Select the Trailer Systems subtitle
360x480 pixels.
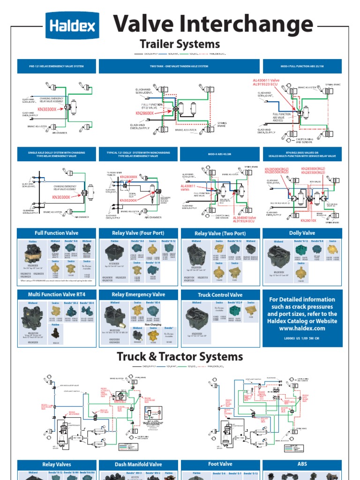point(180,45)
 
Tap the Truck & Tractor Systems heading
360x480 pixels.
point(180,357)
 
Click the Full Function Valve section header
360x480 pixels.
point(56,233)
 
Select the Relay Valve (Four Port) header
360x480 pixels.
point(138,233)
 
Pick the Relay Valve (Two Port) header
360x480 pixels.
point(220,233)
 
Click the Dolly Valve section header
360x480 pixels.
point(302,233)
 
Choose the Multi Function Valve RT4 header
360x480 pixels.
point(56,294)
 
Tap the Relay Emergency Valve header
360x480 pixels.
point(138,294)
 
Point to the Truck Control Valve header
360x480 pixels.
point(220,295)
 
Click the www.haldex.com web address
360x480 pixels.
point(302,328)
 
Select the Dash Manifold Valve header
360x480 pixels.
point(138,465)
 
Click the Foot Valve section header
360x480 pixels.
point(220,464)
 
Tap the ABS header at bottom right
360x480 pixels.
point(302,464)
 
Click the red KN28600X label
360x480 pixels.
point(145,113)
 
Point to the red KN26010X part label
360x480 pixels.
point(308,220)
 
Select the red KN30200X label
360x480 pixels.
point(128,200)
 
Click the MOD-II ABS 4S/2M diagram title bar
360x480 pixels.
point(220,154)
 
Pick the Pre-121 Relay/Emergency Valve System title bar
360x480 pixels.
point(56,66)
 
